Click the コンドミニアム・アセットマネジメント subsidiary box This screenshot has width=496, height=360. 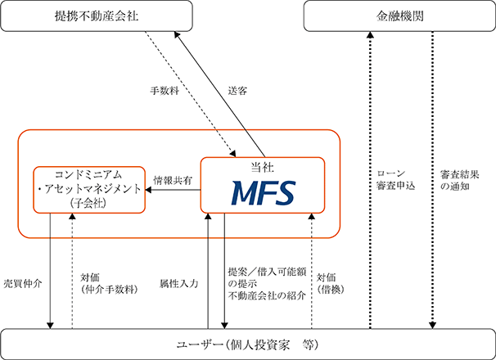click(88, 190)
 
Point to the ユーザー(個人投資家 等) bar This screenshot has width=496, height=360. click(247, 342)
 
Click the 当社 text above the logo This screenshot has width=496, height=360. click(263, 166)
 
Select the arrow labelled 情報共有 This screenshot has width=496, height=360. click(172, 191)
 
